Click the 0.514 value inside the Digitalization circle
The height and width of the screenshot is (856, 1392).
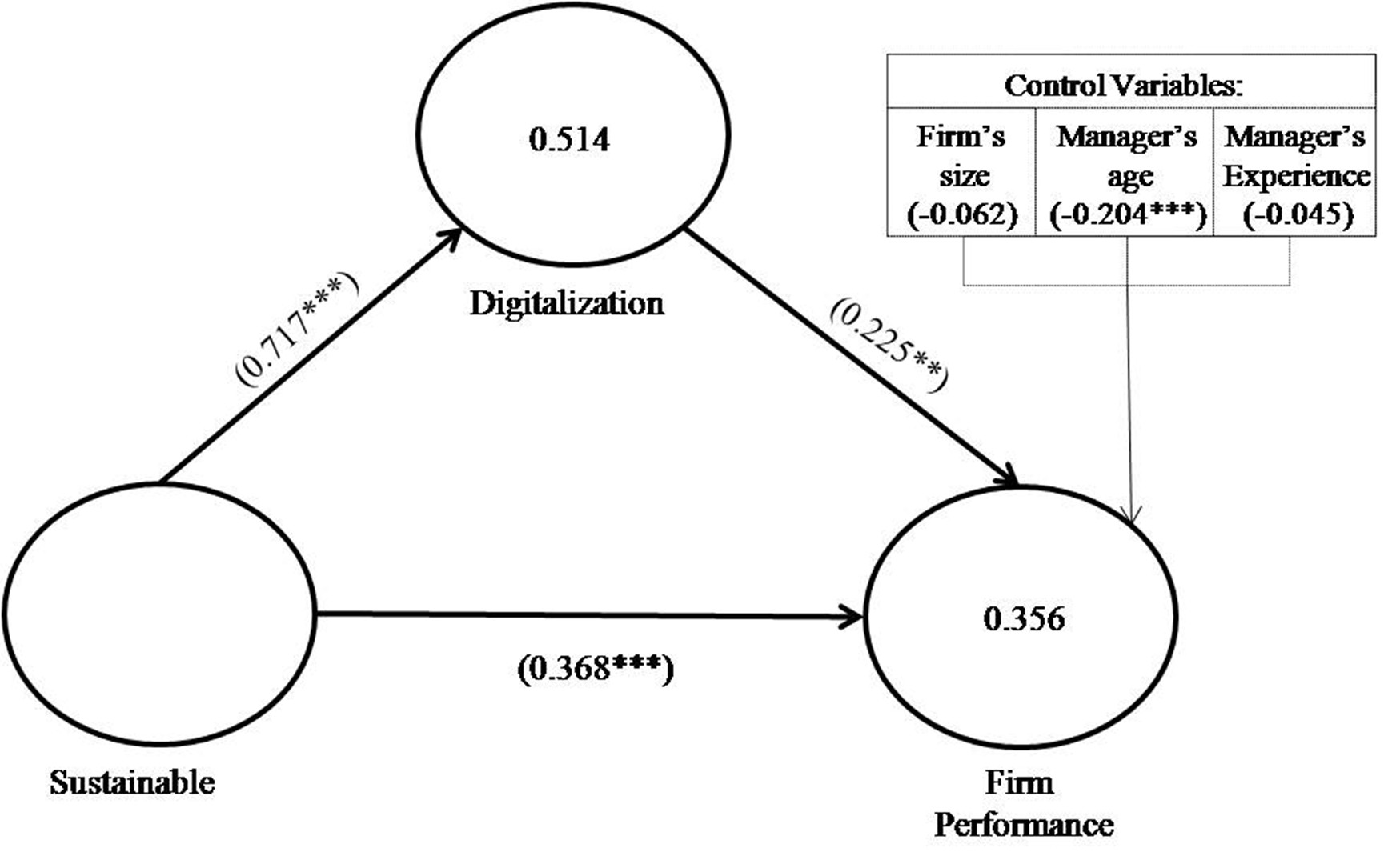click(569, 139)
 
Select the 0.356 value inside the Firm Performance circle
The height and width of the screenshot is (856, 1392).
click(1024, 618)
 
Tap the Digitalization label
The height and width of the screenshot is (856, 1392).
click(566, 303)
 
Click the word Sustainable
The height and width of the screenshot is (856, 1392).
click(132, 782)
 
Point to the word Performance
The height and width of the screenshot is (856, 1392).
click(1024, 824)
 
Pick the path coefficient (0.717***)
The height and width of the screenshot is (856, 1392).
click(297, 329)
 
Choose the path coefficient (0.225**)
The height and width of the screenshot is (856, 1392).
click(889, 345)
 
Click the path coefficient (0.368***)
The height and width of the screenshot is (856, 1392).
click(596, 669)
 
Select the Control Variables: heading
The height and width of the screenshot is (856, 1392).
click(1123, 85)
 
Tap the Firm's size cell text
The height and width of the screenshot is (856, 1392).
click(961, 156)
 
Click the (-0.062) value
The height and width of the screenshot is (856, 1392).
click(962, 215)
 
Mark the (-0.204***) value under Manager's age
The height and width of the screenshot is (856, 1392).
click(1127, 215)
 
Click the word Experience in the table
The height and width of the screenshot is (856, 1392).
click(1297, 175)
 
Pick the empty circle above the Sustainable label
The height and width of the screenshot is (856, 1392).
click(159, 614)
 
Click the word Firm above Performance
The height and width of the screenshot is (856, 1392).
click(1019, 782)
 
